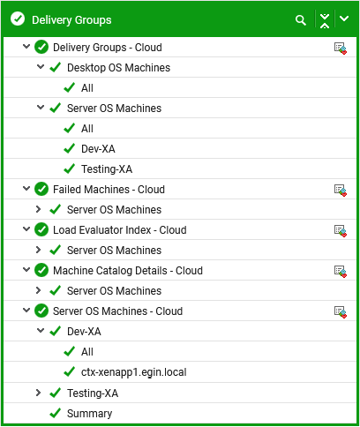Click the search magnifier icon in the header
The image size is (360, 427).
301,20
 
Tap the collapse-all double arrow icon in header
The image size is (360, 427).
325,20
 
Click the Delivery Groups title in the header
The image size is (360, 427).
71,20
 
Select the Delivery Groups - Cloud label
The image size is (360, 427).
108,48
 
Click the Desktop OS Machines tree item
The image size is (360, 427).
118,68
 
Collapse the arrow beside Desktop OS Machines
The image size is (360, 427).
41,67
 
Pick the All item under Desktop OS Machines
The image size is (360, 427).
87,88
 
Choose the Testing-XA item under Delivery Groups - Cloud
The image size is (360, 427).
107,169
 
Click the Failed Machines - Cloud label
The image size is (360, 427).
109,190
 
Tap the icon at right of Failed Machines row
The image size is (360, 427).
341,190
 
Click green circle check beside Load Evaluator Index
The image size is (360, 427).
41,230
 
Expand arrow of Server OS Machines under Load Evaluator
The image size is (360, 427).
38,250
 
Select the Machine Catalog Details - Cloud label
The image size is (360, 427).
128,271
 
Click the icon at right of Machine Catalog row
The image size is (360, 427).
341,271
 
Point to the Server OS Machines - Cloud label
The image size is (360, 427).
117,311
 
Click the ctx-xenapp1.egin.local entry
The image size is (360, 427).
134,372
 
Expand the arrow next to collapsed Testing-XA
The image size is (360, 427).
38,393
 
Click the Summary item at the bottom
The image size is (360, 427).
89,414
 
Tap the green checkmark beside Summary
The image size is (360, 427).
56,413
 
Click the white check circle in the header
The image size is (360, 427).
18,19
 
